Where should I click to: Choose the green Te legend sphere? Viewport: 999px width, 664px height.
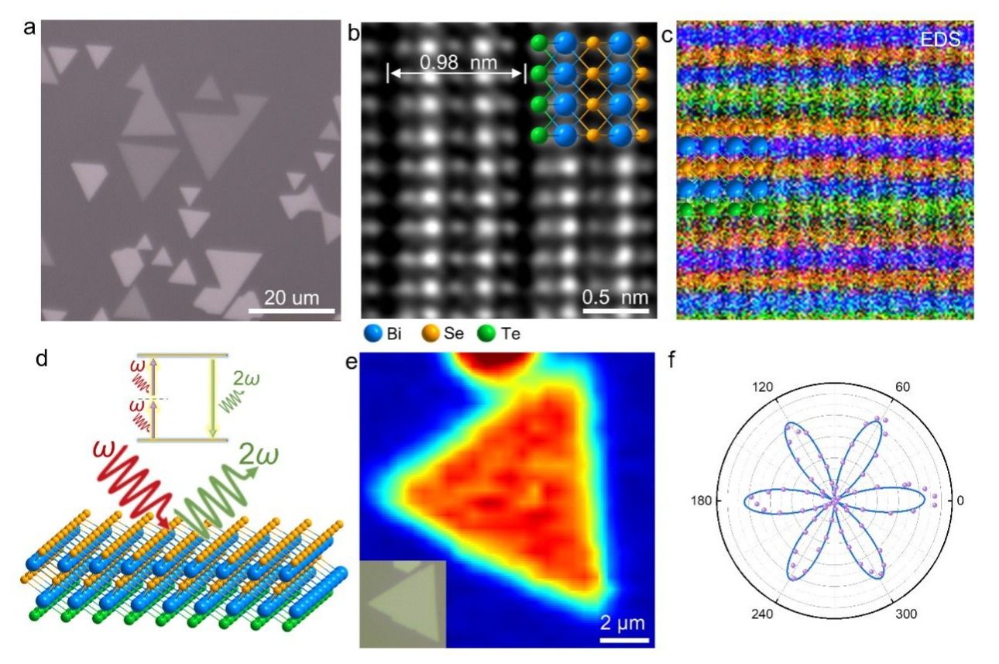tap(487, 334)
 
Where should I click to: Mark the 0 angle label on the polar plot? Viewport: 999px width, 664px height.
tap(960, 501)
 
